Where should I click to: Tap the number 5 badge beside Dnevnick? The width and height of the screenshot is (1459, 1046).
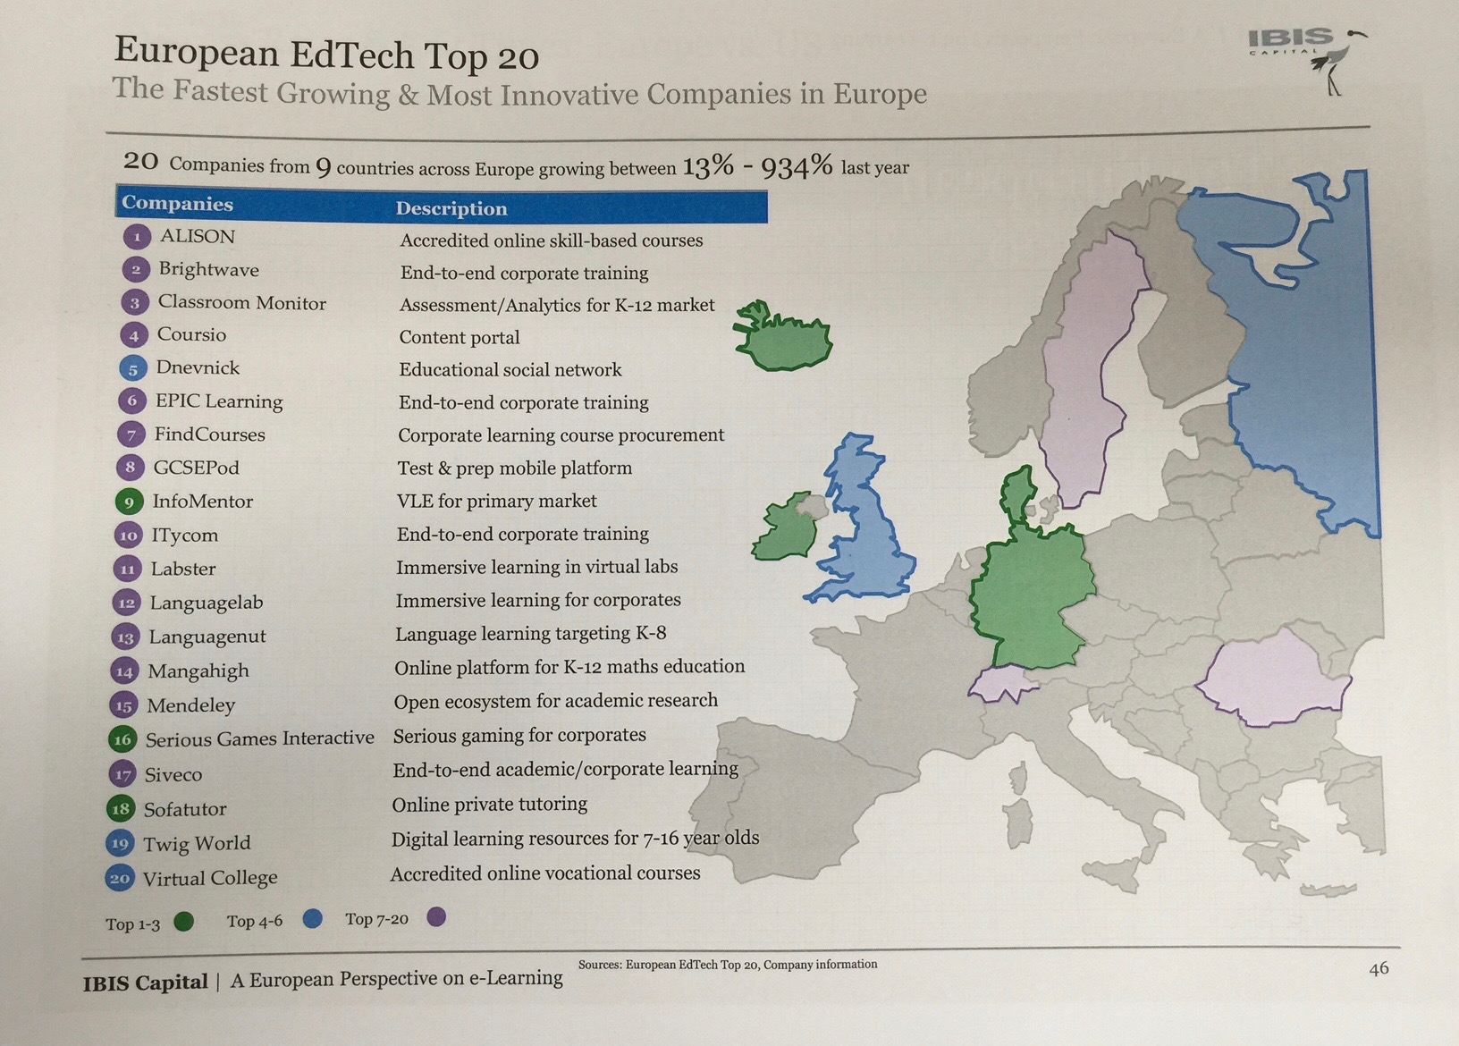tap(132, 368)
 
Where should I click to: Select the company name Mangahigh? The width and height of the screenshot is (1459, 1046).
tap(198, 671)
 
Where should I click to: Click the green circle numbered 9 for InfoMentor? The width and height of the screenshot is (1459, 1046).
tap(129, 502)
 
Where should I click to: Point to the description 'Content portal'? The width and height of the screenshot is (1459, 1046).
tap(460, 337)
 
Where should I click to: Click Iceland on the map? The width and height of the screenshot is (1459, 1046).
tap(783, 338)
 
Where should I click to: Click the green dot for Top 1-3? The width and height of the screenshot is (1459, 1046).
tap(183, 922)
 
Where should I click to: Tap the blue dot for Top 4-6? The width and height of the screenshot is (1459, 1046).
tap(312, 919)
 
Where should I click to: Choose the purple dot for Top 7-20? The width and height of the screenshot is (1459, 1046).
tap(436, 916)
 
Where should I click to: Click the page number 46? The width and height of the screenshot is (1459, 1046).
tap(1379, 968)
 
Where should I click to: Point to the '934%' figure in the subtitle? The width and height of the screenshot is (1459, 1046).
tap(797, 165)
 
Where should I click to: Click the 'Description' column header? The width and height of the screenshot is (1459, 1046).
tap(451, 208)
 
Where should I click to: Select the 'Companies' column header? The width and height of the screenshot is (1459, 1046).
tap(177, 203)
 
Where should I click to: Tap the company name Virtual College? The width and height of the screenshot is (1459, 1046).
tap(210, 878)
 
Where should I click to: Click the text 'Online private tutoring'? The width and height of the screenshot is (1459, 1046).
tap(489, 805)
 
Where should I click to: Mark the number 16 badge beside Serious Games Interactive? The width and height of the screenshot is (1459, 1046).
tap(122, 739)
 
